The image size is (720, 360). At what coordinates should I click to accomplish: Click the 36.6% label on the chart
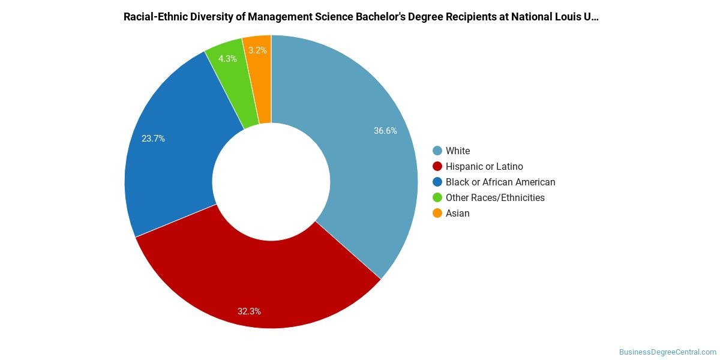385,131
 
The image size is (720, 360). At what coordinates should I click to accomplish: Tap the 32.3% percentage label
249,311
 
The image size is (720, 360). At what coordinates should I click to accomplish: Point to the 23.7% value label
153,139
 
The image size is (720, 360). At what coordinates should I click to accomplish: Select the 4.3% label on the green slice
227,59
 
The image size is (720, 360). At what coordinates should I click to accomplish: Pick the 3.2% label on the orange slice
257,50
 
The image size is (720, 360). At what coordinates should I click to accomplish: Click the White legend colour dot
437,151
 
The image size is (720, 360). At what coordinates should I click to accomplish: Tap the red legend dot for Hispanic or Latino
437,166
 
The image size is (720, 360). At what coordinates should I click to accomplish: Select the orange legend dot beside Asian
437,213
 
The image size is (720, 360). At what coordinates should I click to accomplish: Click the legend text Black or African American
500,182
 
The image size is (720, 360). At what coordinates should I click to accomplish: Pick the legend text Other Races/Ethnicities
495,197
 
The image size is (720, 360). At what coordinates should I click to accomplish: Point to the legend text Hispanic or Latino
484,166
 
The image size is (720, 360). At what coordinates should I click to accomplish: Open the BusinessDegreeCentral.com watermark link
668,352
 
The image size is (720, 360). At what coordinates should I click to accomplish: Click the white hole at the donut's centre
271,182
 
